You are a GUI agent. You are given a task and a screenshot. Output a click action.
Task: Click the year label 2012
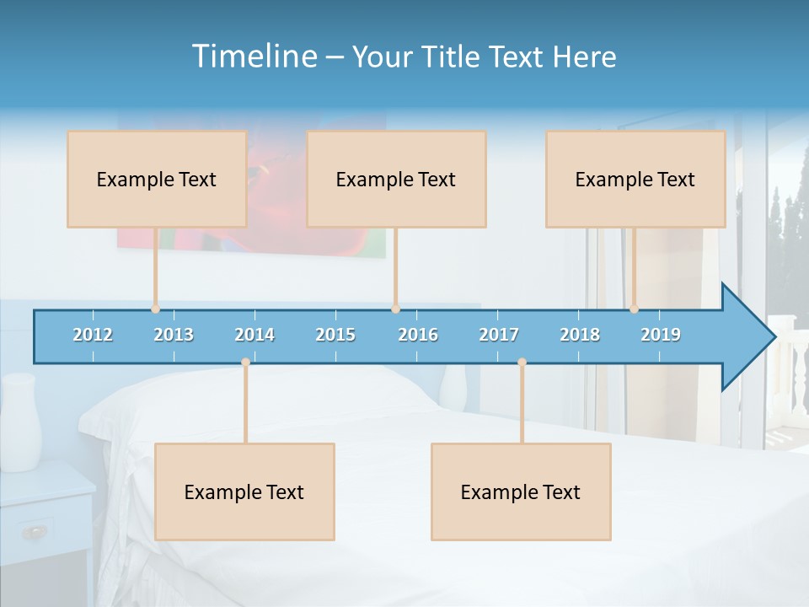[93, 335]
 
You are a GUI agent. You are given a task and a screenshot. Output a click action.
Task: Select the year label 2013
[174, 335]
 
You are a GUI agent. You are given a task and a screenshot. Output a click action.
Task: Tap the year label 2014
[254, 335]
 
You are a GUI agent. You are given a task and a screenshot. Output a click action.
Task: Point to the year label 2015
[335, 335]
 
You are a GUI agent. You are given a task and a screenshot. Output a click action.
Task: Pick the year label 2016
[418, 335]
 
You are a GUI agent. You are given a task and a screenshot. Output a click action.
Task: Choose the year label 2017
[499, 335]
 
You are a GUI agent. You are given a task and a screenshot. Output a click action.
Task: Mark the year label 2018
[580, 335]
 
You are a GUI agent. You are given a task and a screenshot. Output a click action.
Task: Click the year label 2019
[661, 335]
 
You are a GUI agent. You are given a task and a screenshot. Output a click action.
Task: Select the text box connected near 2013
[157, 179]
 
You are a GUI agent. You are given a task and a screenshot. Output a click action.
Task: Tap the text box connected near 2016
[396, 179]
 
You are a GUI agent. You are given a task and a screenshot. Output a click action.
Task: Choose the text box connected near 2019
[635, 179]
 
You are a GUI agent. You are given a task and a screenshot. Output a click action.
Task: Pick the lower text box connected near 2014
[244, 492]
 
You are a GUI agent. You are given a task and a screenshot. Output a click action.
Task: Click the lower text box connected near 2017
[521, 492]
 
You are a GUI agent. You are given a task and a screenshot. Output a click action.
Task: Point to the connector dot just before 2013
[156, 309]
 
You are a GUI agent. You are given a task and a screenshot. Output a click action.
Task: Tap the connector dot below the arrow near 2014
[245, 363]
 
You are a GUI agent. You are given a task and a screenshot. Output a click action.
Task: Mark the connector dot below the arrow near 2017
[522, 363]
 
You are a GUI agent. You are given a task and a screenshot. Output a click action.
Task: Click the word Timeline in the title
[254, 56]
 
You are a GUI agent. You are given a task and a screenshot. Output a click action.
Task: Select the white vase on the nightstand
[20, 422]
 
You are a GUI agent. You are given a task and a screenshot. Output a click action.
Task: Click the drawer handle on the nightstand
[35, 531]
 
